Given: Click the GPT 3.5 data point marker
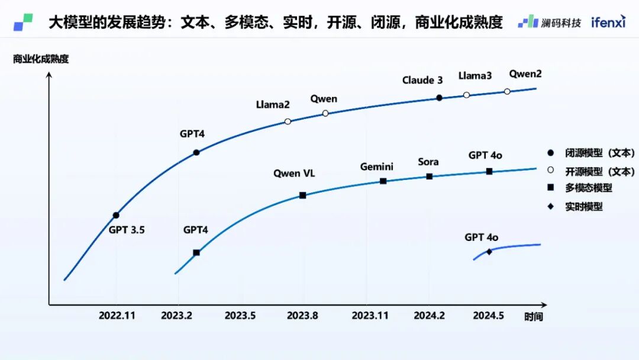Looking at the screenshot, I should (x=116, y=216).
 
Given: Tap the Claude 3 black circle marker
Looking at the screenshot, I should (x=439, y=98).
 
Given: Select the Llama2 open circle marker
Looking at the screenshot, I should (x=288, y=121).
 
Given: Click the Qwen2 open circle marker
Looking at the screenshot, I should (x=507, y=91).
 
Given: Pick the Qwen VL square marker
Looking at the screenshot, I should (x=302, y=195).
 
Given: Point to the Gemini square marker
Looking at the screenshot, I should (x=383, y=181).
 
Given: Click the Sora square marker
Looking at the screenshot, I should (x=430, y=176).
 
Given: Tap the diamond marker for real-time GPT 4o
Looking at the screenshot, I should (x=489, y=252).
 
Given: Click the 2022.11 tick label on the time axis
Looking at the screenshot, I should (x=117, y=316).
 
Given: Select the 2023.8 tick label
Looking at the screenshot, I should (x=302, y=316).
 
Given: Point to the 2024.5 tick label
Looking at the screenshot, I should (x=488, y=316).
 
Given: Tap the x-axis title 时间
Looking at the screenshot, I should (x=533, y=317).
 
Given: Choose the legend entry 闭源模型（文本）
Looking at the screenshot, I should (x=591, y=152).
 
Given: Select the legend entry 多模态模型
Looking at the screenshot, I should (x=588, y=188).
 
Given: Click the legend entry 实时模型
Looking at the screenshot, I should (x=583, y=207).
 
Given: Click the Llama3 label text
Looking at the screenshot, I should (x=475, y=76).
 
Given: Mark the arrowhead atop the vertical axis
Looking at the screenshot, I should (x=49, y=75).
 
